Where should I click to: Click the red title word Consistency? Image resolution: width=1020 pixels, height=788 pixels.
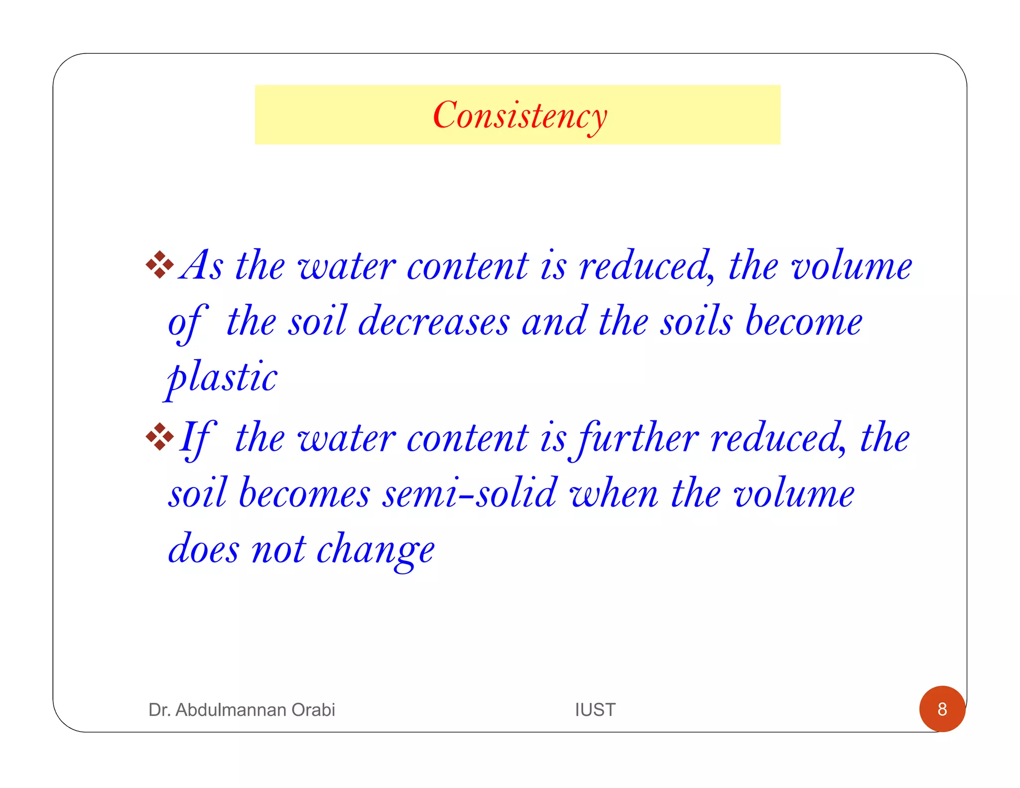pyautogui.click(x=519, y=116)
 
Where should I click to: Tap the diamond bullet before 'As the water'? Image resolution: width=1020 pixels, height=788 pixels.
pyautogui.click(x=159, y=264)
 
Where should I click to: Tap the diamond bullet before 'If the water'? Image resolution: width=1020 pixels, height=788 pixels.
pyautogui.click(x=159, y=436)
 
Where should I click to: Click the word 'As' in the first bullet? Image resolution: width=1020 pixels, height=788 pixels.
pyautogui.click(x=202, y=265)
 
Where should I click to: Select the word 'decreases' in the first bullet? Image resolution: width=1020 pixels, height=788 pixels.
pyautogui.click(x=433, y=321)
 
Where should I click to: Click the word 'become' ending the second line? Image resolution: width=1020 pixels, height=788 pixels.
pyautogui.click(x=803, y=321)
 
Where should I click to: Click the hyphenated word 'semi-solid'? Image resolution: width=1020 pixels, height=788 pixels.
pyautogui.click(x=469, y=493)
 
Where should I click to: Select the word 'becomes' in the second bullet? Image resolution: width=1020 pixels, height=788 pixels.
pyautogui.click(x=304, y=493)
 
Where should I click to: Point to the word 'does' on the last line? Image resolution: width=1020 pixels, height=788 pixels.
pyautogui.click(x=203, y=549)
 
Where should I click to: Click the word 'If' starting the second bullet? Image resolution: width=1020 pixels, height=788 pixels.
pyautogui.click(x=197, y=438)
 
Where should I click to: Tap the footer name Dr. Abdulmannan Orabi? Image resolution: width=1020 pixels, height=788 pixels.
pyautogui.click(x=242, y=709)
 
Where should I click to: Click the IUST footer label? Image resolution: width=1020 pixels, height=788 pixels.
pyautogui.click(x=595, y=709)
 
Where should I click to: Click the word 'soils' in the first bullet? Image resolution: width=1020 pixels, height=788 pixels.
pyautogui.click(x=696, y=321)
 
